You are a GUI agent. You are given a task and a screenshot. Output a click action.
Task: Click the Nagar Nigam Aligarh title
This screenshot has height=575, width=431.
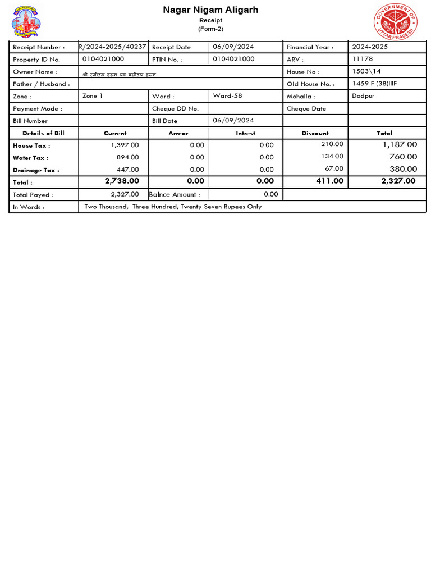pos(210,10)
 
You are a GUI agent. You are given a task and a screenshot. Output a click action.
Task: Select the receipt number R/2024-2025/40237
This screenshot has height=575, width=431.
pos(113,47)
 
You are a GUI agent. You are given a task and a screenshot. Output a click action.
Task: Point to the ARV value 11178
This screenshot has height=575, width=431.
pos(362,59)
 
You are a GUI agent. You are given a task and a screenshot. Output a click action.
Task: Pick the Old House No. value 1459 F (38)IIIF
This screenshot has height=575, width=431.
pos(374,84)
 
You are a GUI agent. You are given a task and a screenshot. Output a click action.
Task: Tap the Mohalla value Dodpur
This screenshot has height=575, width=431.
pos(364,96)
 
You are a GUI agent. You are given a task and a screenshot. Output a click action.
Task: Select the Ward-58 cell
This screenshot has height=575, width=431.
pos(227,96)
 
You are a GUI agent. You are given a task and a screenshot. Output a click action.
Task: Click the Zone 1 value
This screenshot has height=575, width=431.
pos(93,96)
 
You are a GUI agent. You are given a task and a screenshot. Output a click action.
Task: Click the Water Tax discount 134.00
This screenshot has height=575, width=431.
pos(332,157)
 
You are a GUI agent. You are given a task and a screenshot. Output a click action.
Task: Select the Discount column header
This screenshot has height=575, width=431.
pos(315,133)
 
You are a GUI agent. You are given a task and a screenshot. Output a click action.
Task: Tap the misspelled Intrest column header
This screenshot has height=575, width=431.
pos(245,133)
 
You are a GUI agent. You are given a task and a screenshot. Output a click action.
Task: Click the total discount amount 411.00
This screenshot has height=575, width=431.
pos(330,181)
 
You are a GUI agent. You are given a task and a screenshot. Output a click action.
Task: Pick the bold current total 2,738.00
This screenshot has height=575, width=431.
pos(122,181)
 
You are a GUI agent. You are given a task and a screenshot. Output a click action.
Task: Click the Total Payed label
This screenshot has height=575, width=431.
pos(33,195)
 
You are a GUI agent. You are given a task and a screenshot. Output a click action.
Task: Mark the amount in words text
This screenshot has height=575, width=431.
pos(173,207)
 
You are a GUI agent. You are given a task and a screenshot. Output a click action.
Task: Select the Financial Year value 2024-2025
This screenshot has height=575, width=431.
pos(369,47)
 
